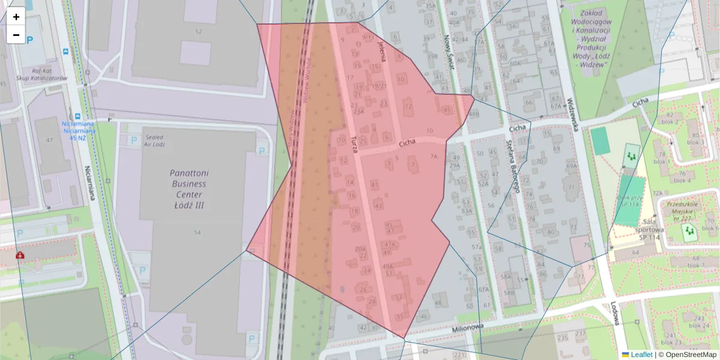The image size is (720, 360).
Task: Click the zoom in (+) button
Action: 16,17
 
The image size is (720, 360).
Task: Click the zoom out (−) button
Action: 16,35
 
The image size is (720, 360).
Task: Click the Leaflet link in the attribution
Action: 641,355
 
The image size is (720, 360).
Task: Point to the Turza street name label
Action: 354,145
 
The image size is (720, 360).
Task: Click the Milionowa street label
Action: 467,328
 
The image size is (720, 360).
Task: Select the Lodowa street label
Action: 616,312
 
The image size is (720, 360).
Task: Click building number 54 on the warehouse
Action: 197,232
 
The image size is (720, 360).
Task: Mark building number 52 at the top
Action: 199,31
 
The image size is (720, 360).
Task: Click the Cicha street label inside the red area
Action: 407,143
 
